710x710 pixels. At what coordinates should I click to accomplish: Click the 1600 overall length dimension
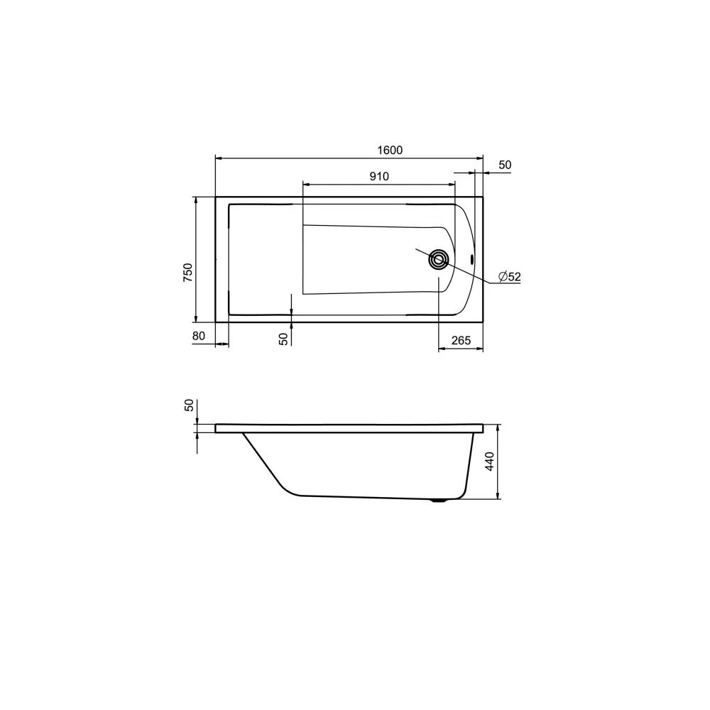pyautogui.click(x=390, y=150)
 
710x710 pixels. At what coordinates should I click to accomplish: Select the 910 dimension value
pyautogui.click(x=379, y=176)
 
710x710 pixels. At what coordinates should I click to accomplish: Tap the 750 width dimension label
pyautogui.click(x=187, y=273)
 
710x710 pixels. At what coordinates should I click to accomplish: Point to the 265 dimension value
pyautogui.click(x=461, y=340)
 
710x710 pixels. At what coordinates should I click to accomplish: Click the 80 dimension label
pyautogui.click(x=198, y=336)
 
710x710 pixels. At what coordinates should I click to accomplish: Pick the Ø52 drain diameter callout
pyautogui.click(x=510, y=276)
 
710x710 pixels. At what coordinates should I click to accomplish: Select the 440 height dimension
pyautogui.click(x=490, y=461)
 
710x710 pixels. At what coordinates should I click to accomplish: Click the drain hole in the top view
pyautogui.click(x=438, y=260)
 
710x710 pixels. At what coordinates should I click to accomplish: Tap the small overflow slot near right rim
pyautogui.click(x=472, y=259)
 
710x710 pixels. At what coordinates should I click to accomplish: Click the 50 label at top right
pyautogui.click(x=505, y=165)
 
